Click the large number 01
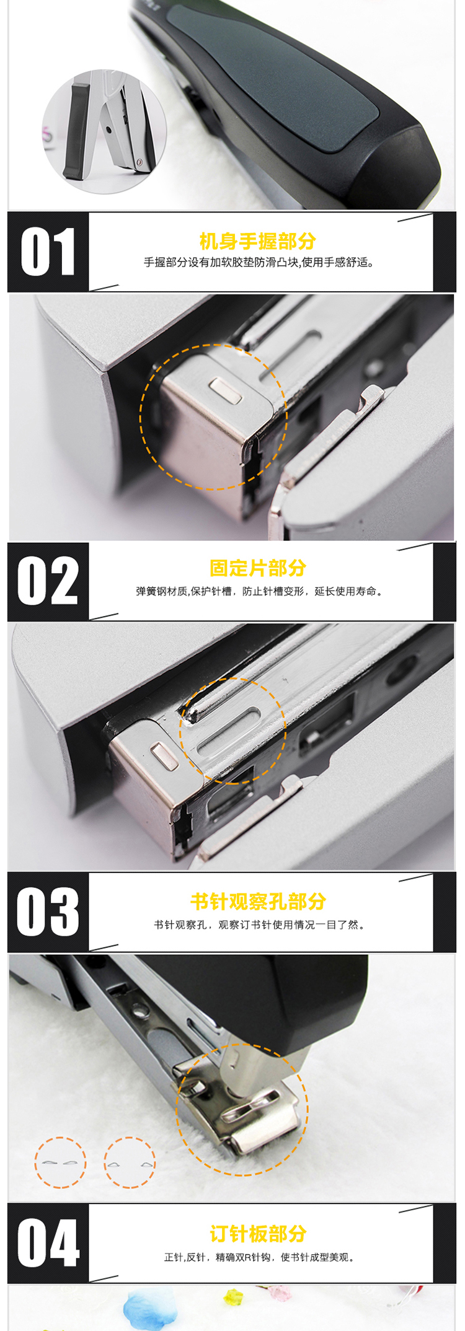click(48, 252)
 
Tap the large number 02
click(48, 581)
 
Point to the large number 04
click(48, 1243)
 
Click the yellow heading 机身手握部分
click(258, 241)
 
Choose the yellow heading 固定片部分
click(258, 568)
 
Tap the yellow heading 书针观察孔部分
click(258, 902)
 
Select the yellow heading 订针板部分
click(258, 1234)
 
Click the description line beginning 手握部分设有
click(260, 263)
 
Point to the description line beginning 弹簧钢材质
click(260, 591)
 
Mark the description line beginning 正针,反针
click(260, 1257)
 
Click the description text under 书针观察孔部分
click(260, 925)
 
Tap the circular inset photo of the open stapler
click(104, 131)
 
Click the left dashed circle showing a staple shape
click(60, 1162)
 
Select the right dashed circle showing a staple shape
click(130, 1162)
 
